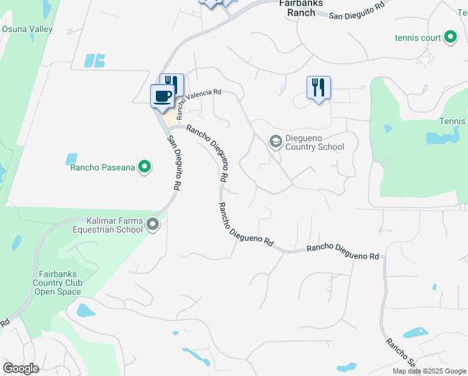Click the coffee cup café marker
coord(162,97)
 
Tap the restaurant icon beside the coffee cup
coord(171,85)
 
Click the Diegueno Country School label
coord(315,143)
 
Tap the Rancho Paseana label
coord(103,167)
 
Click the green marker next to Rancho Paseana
coord(145,167)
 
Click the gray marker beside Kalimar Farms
coord(153,224)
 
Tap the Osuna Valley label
coord(27,29)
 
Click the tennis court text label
coord(417,38)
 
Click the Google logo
coord(21,368)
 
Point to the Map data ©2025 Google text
coord(430,371)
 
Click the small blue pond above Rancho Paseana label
coord(71,159)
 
